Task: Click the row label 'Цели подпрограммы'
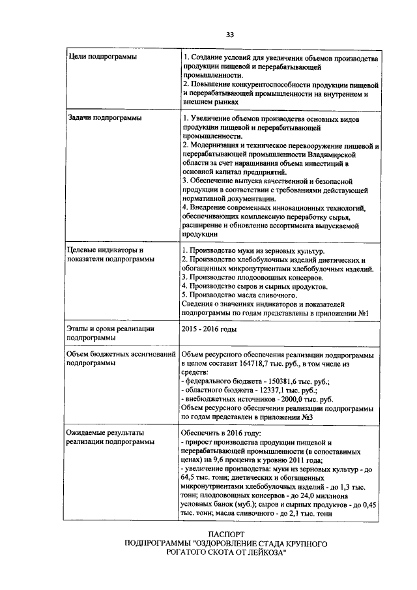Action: coord(103,58)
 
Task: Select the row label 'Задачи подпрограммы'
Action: coord(105,118)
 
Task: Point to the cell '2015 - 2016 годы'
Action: coord(209,328)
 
